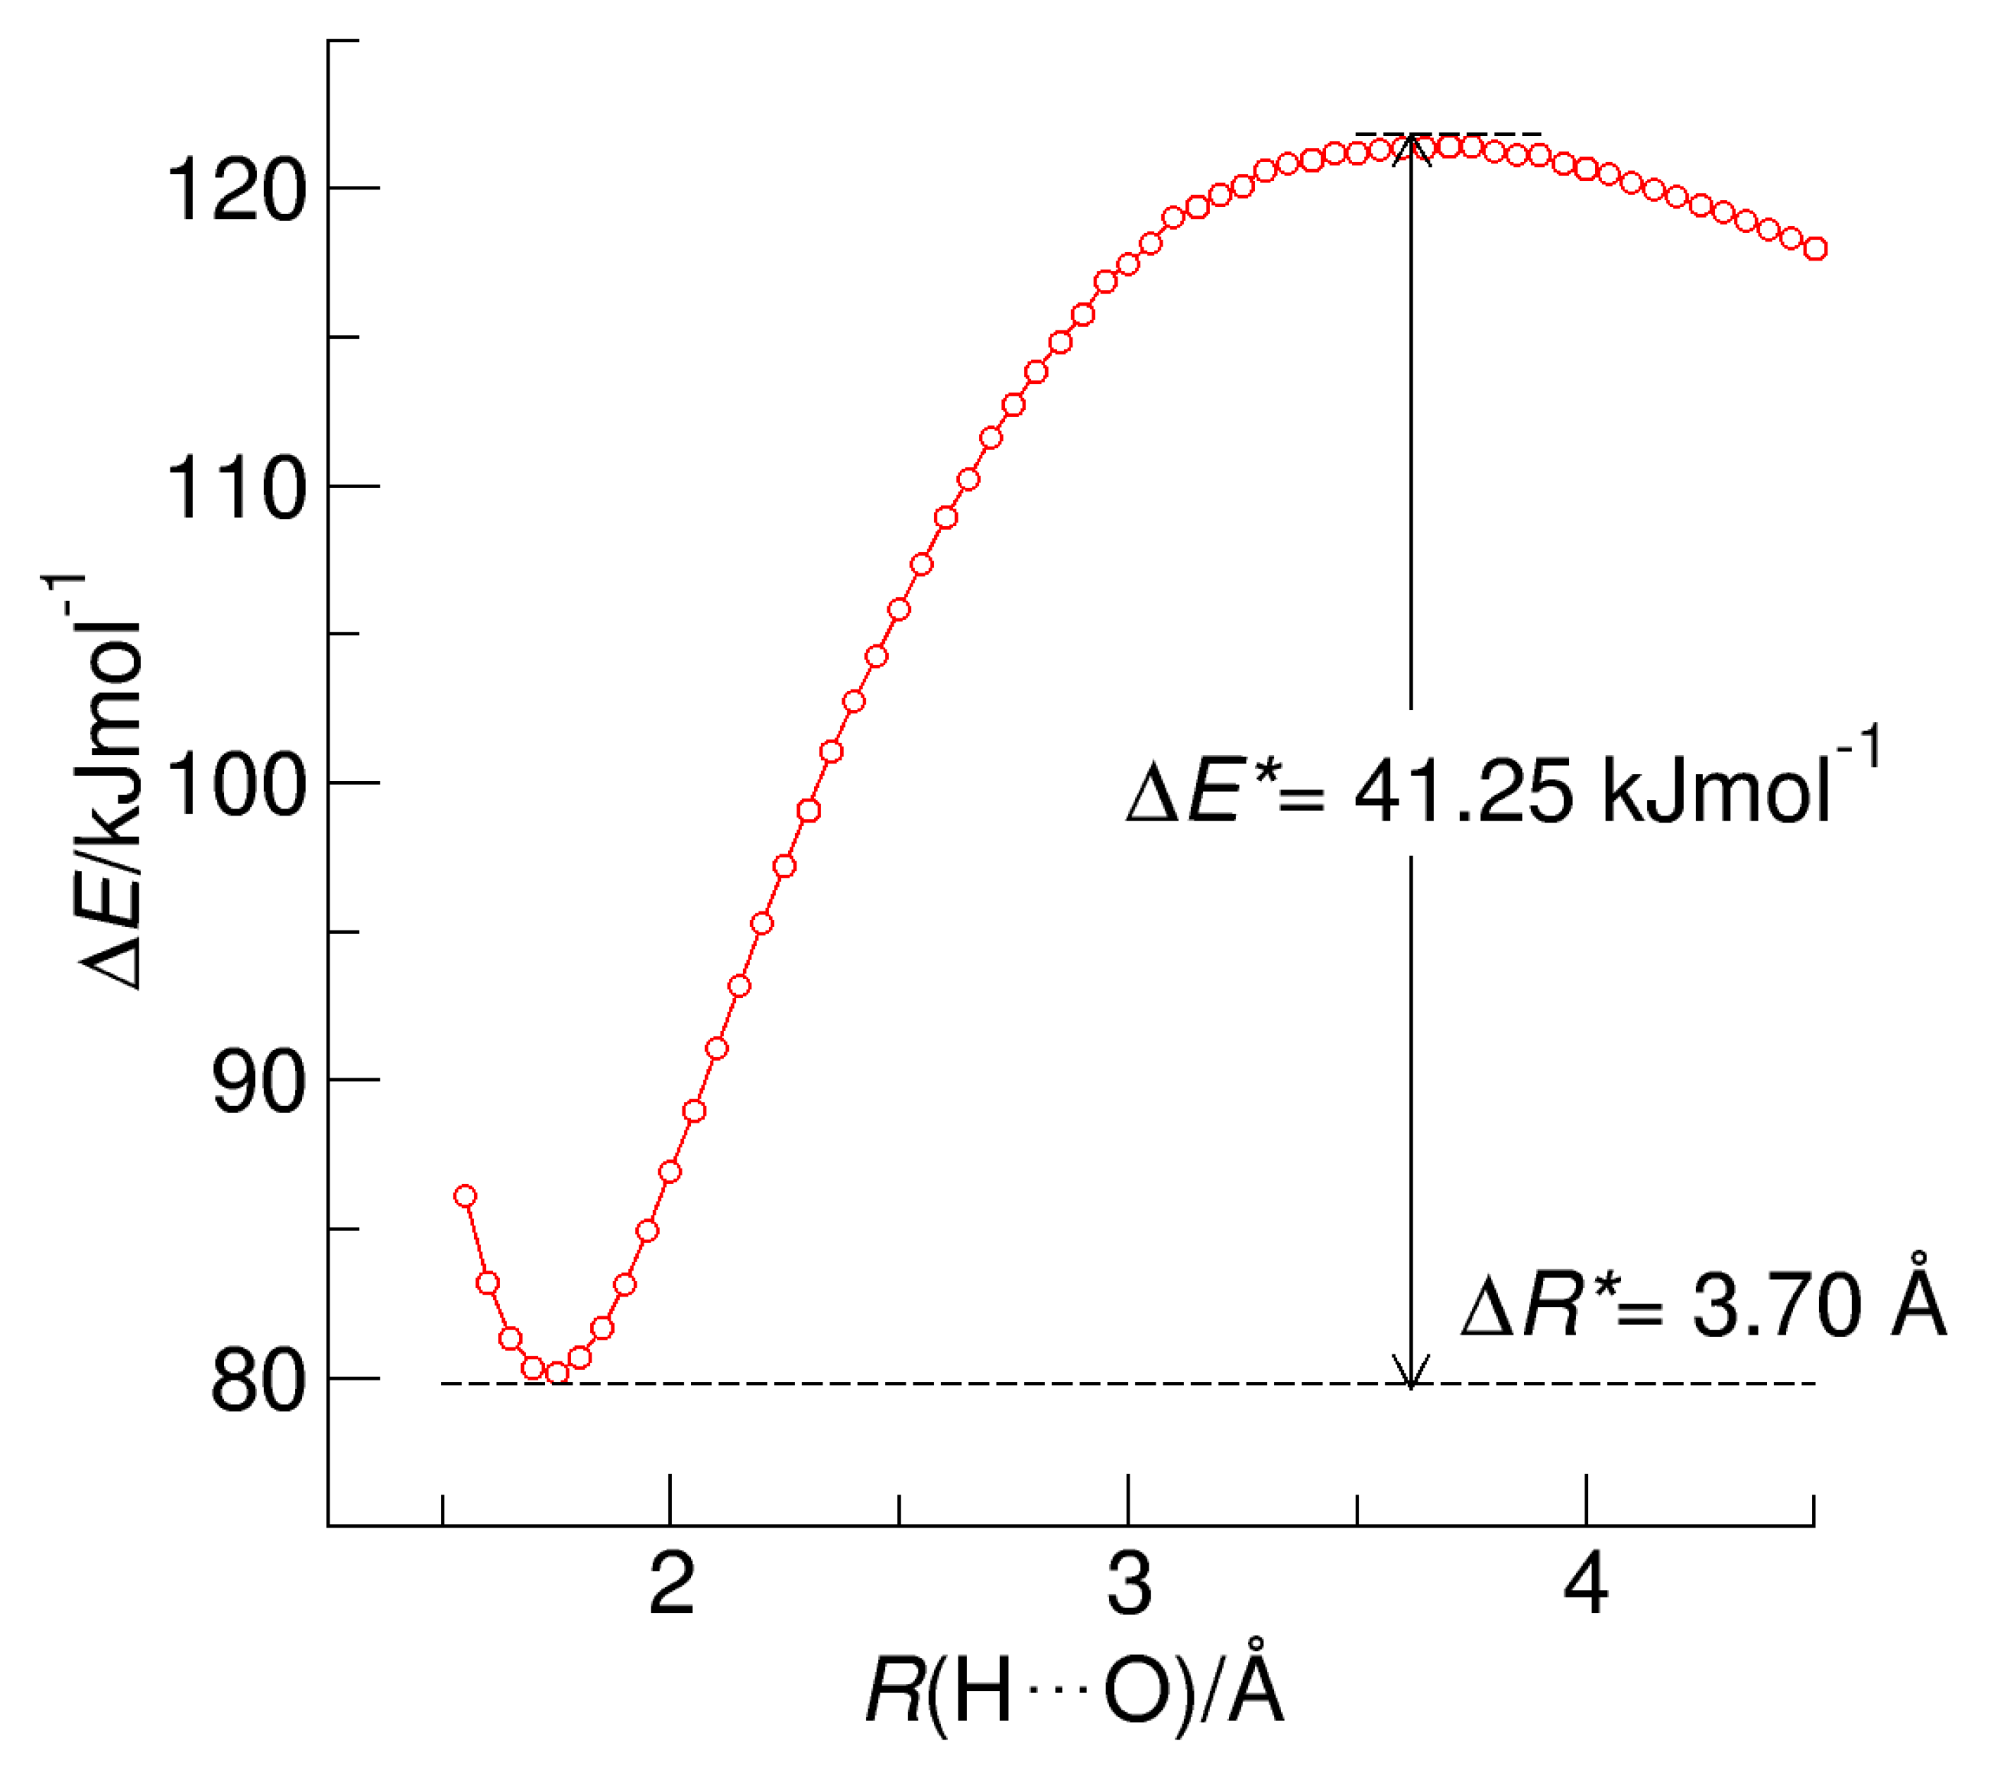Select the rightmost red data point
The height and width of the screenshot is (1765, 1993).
point(1816,249)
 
